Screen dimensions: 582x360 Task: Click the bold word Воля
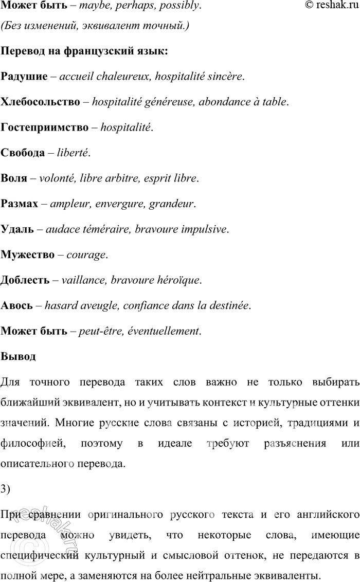tap(14, 178)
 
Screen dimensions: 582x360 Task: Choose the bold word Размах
tap(20, 204)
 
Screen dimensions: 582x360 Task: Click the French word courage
tap(85, 254)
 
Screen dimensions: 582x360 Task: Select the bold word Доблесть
tap(26, 280)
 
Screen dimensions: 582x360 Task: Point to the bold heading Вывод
tap(19, 356)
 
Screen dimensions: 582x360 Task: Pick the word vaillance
tap(81, 280)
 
